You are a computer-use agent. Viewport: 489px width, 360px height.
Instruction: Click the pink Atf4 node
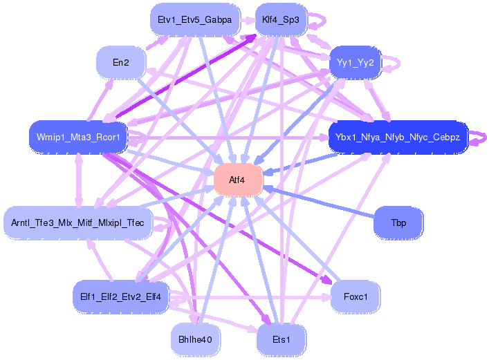238,180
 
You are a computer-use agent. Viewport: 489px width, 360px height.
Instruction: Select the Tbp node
398,223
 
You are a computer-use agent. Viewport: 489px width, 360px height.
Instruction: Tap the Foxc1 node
356,296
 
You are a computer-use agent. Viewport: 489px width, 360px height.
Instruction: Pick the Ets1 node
282,339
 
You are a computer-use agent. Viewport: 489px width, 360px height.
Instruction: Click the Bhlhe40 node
195,339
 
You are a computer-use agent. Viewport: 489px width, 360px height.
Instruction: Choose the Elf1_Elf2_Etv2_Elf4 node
120,296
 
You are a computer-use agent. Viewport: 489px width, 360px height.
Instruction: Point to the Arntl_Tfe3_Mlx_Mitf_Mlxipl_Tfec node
77,223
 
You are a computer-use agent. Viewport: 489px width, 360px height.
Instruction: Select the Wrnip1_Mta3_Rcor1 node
78,137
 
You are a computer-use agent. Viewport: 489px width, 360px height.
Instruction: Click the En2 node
121,63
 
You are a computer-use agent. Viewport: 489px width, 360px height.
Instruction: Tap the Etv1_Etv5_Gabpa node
195,20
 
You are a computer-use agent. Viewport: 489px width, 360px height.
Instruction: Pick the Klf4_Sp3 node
281,20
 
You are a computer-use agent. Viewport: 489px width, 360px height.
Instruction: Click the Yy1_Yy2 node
356,63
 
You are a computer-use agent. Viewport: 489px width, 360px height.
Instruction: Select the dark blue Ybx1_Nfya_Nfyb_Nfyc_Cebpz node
398,137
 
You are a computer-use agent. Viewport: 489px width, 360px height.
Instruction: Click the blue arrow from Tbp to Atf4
319,202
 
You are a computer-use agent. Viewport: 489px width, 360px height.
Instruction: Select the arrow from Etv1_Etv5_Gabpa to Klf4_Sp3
248,20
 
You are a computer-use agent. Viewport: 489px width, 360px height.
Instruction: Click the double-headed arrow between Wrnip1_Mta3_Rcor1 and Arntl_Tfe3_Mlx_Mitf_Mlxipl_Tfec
79,180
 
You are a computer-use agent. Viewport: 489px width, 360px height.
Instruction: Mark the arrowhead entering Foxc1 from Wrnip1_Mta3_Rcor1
327,280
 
